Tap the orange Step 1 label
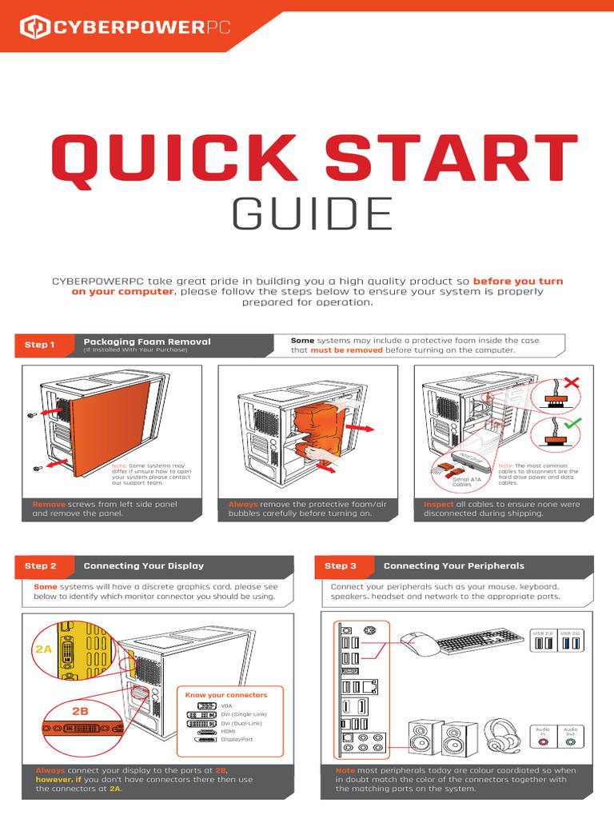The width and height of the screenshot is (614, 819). point(40,345)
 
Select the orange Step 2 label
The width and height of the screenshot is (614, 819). point(41,565)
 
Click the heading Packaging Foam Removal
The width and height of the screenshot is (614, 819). point(147,342)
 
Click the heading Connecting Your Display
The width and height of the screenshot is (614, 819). point(144,565)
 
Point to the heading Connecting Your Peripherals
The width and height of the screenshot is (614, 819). point(453,565)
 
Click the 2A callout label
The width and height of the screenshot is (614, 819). point(43,650)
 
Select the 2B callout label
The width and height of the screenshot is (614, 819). point(81,710)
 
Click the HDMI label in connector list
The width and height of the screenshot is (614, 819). point(229,731)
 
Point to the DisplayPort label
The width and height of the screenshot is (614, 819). point(237,740)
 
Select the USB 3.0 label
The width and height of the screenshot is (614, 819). point(571,633)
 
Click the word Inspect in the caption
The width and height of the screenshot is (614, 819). point(439,505)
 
